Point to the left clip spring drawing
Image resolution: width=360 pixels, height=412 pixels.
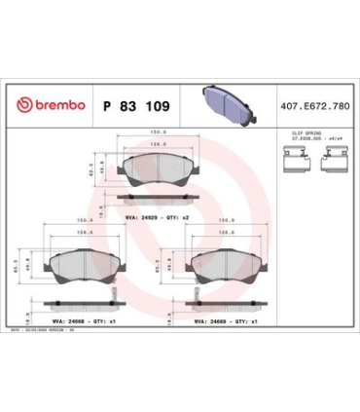tap(294, 162)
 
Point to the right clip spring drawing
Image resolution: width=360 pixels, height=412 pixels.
tap(329, 162)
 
